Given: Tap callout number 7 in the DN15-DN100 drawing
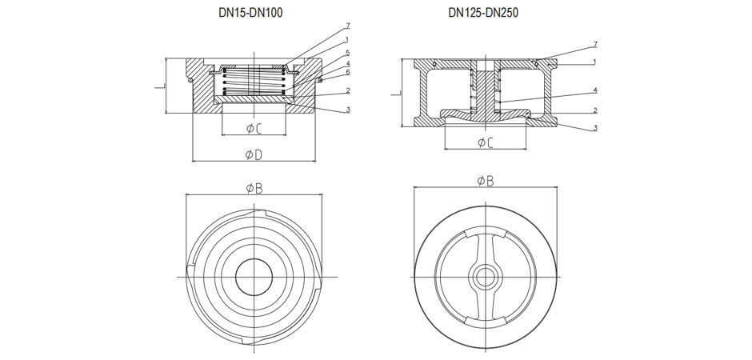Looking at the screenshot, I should [x=348, y=26].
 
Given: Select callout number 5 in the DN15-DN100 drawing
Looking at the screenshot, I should [x=348, y=52].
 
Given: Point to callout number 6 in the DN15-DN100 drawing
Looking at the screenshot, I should [x=348, y=72].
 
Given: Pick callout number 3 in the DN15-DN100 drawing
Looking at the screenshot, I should [x=348, y=110].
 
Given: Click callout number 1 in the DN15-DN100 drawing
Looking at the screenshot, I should [x=348, y=39].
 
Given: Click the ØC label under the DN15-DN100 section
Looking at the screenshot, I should [x=254, y=128].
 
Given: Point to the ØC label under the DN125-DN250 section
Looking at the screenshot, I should [x=485, y=142].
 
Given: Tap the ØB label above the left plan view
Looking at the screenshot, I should [x=254, y=188].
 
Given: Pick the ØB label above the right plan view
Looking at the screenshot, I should [x=485, y=182].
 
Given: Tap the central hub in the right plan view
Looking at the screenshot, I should [x=485, y=277].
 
